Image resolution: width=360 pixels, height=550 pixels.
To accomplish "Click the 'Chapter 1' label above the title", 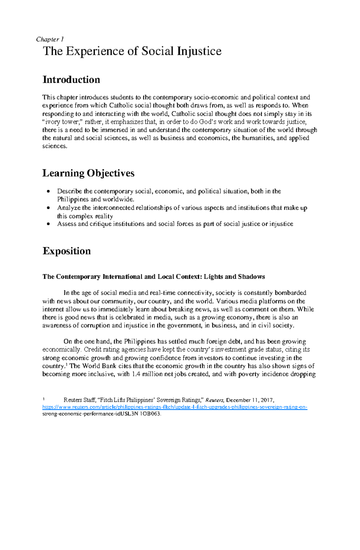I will [49, 39].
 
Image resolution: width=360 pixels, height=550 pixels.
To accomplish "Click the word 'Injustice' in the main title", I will [199, 51].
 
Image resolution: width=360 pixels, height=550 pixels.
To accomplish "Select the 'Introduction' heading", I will [71, 80].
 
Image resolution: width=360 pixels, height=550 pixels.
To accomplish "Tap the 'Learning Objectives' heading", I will [88, 173].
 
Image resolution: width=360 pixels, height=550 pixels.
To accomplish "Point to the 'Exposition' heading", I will [67, 251].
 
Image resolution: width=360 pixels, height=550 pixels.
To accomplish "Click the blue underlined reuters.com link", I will [175, 407].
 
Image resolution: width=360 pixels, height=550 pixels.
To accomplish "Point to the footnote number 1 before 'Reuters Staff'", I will [44, 399].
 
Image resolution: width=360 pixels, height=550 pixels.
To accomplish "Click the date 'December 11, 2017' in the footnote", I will [250, 400].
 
